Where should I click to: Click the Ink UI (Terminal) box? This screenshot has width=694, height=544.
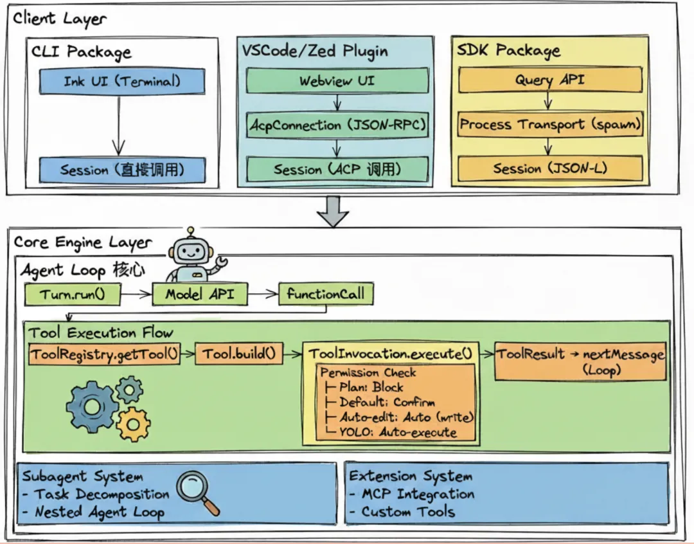click(122, 82)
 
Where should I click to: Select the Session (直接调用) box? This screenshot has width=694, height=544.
click(122, 170)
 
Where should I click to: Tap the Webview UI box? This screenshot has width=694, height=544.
click(337, 81)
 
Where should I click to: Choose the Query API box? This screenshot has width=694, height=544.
click(549, 80)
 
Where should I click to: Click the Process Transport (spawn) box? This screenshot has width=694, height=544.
click(550, 124)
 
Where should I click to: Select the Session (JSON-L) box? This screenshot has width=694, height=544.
click(549, 169)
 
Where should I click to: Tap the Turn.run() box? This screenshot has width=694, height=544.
click(72, 295)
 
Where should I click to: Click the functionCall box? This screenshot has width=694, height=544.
click(325, 295)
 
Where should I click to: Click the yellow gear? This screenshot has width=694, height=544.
click(134, 424)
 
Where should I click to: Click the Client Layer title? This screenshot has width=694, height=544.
click(60, 18)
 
